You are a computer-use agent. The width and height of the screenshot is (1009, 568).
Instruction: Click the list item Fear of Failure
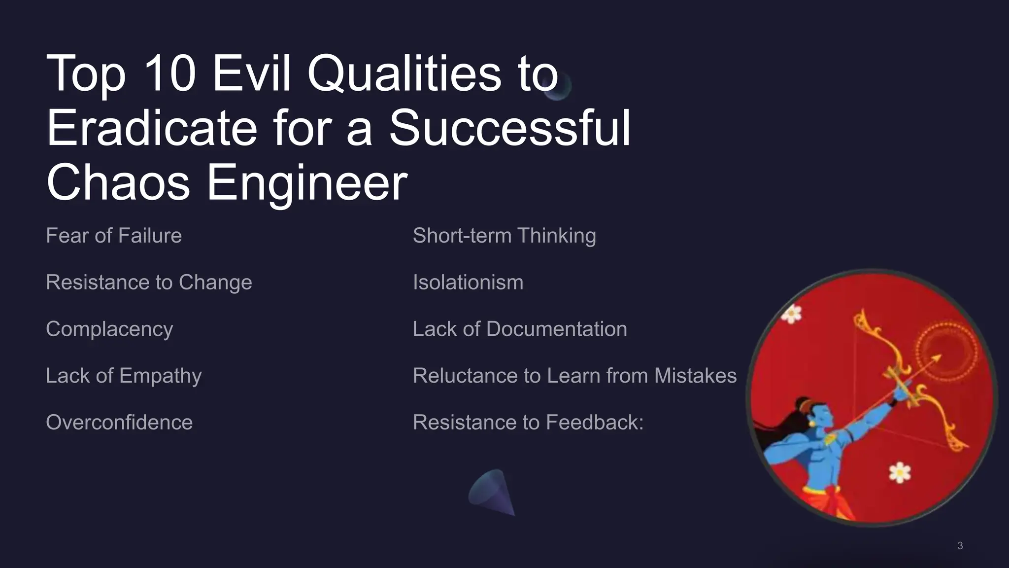(114, 236)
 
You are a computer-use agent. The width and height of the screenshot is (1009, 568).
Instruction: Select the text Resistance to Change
(149, 283)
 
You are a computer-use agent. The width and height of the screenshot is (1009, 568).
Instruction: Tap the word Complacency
(109, 329)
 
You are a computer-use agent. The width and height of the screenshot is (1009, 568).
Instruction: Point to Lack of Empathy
(124, 376)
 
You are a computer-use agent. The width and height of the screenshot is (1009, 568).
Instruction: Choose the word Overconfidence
(119, 423)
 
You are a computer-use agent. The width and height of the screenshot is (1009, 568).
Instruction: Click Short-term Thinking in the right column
(504, 236)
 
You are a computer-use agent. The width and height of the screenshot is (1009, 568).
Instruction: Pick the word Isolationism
(468, 283)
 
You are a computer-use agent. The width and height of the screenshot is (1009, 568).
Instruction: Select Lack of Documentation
(520, 329)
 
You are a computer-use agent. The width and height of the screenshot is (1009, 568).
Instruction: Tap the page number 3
(960, 546)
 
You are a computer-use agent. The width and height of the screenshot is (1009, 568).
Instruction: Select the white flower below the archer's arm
(900, 472)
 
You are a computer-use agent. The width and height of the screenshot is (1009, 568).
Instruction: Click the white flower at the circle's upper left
(792, 313)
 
